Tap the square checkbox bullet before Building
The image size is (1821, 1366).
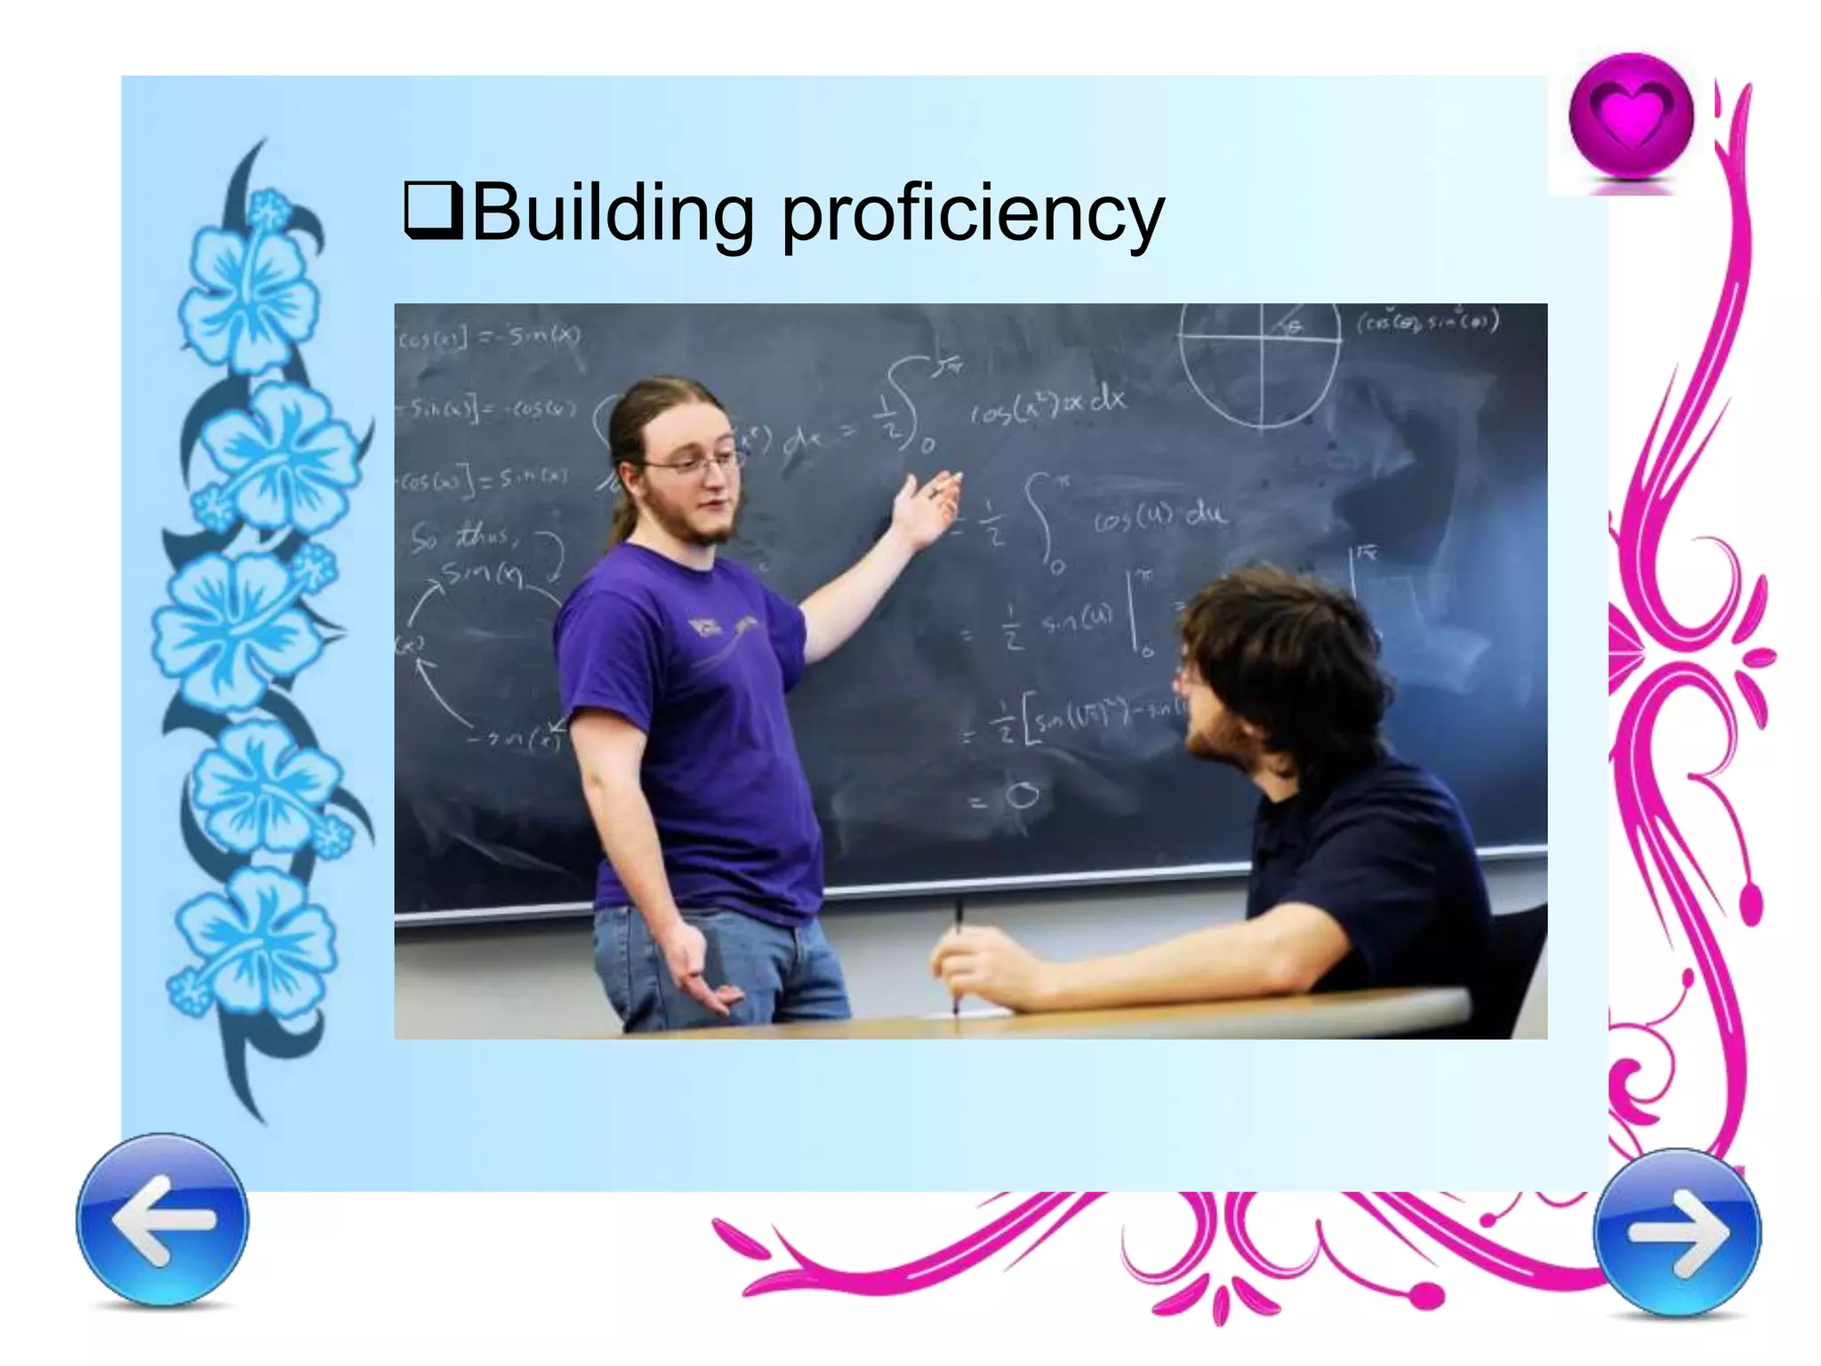click(x=432, y=211)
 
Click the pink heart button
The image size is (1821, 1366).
click(x=1631, y=117)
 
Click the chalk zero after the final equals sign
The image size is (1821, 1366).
click(x=1022, y=796)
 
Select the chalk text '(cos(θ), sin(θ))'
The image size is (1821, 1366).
click(x=1426, y=322)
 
